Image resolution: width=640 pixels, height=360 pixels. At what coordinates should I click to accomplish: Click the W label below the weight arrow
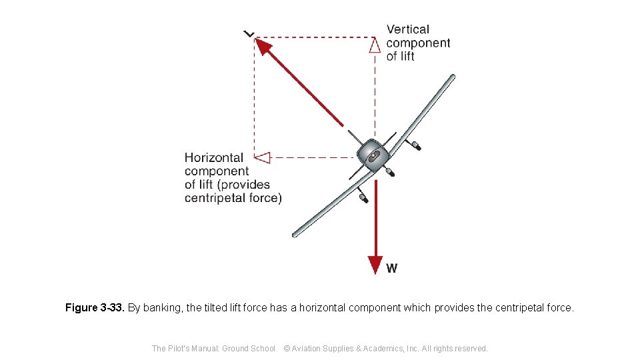pyautogui.click(x=392, y=269)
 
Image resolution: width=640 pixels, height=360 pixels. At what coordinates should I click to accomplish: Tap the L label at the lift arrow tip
pyautogui.click(x=249, y=33)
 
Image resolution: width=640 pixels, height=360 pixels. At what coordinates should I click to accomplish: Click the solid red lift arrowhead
pyautogui.click(x=264, y=47)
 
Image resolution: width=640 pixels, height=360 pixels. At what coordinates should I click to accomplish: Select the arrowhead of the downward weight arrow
pyautogui.click(x=376, y=265)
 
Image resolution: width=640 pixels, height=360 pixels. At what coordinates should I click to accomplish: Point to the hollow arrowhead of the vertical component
pyautogui.click(x=375, y=45)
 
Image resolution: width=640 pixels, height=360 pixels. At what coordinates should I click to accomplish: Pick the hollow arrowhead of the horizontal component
pyautogui.click(x=263, y=158)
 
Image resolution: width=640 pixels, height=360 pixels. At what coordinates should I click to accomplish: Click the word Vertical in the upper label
pyautogui.click(x=408, y=29)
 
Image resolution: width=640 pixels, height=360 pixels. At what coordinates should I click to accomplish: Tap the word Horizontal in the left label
pyautogui.click(x=214, y=158)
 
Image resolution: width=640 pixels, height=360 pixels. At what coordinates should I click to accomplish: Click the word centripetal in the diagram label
pyautogui.click(x=215, y=198)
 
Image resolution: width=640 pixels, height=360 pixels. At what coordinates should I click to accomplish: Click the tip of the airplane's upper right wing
pyautogui.click(x=452, y=78)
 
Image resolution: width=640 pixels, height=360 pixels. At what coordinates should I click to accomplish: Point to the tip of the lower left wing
pyautogui.click(x=295, y=234)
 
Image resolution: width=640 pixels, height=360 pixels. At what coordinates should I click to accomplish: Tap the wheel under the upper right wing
pyautogui.click(x=417, y=145)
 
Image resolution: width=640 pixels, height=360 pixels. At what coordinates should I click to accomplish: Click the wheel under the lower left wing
pyautogui.click(x=364, y=198)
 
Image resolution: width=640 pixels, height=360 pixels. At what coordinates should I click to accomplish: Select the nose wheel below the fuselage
pyautogui.click(x=390, y=173)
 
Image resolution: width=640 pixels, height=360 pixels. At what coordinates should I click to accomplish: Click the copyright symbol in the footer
pyautogui.click(x=287, y=349)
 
